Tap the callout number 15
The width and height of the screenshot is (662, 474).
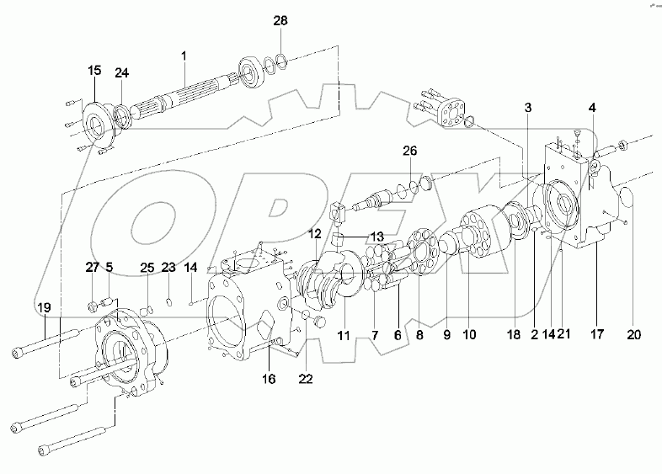(x=95, y=72)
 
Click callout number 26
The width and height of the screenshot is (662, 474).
(x=409, y=152)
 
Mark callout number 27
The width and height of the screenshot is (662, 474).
(x=92, y=268)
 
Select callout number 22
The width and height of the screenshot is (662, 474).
(x=305, y=379)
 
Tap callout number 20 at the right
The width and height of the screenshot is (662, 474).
(x=633, y=334)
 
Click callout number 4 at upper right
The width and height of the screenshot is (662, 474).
(x=592, y=107)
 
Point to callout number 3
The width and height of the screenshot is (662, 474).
(x=527, y=107)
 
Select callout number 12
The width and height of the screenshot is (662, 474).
(x=314, y=233)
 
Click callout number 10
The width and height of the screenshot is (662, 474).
(x=469, y=334)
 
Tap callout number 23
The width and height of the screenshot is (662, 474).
(x=168, y=268)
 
